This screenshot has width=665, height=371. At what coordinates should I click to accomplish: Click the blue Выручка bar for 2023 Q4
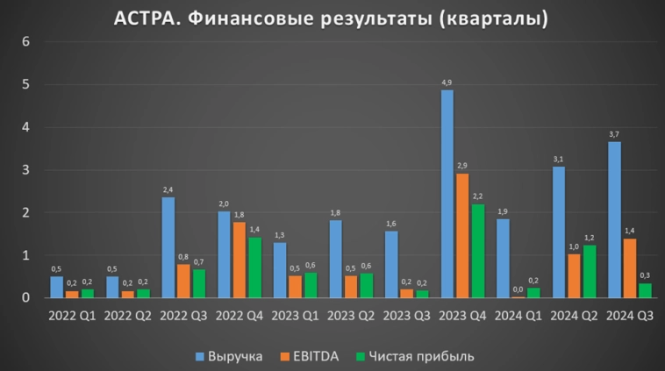tap(447, 194)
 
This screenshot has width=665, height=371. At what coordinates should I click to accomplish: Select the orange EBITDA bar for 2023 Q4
tap(463, 236)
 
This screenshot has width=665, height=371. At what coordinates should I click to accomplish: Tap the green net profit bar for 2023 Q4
tap(478, 251)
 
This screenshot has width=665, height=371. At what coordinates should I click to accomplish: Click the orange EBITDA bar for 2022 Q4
tap(240, 260)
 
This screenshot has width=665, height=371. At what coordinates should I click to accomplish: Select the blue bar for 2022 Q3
tap(168, 247)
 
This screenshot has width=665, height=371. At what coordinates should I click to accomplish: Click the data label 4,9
tap(447, 82)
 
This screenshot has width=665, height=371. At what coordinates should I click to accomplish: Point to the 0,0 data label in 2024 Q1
tap(518, 289)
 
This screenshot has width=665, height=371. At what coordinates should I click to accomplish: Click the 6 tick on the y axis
tap(26, 42)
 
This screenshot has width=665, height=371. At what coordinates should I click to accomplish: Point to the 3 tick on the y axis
tap(26, 170)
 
